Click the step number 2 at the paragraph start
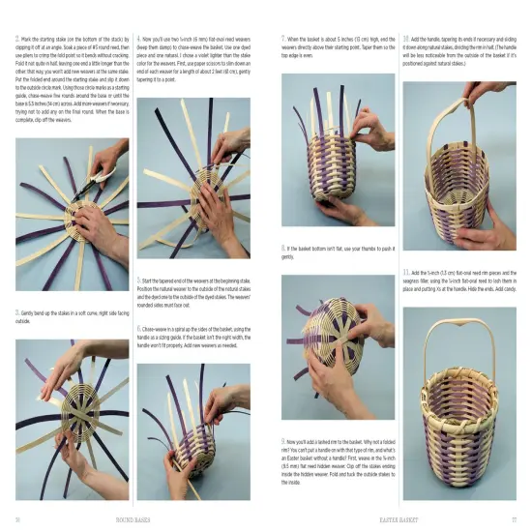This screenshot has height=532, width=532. point(17,39)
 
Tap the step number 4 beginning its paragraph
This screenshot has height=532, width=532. point(140,39)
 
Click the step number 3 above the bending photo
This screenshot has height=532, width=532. point(17,312)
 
